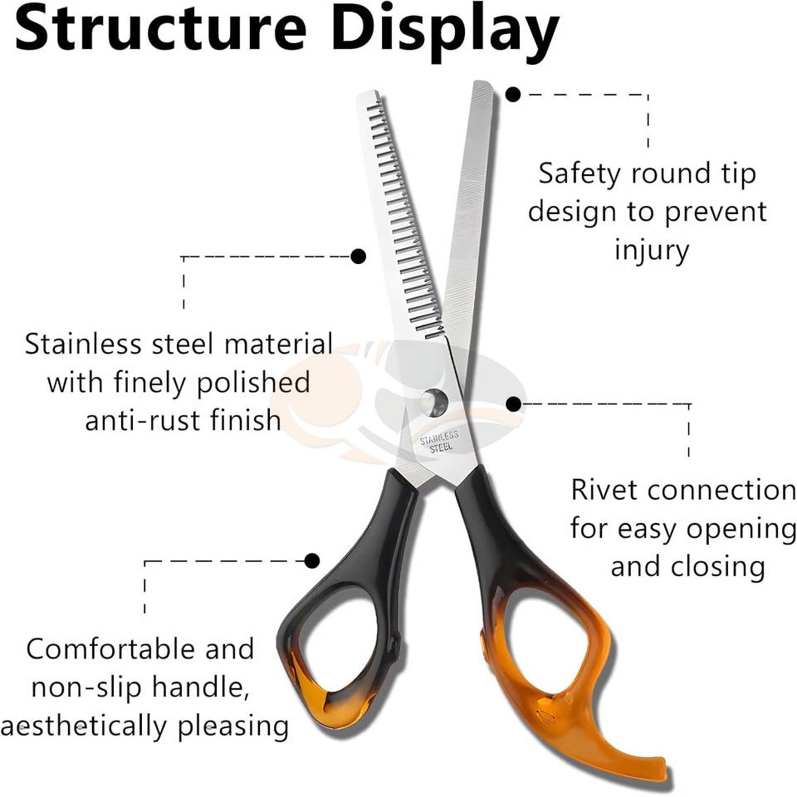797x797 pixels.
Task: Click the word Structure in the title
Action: tap(159, 30)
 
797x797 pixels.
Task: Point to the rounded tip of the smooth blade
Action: tap(482, 87)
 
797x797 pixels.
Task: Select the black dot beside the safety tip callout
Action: tap(513, 95)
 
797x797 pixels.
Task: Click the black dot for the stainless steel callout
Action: tap(358, 257)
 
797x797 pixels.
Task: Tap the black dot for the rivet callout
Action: tap(514, 404)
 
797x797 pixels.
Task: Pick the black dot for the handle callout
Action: tap(312, 561)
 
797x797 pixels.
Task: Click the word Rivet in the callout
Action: tap(605, 490)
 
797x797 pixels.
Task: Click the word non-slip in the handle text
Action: tap(94, 688)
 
